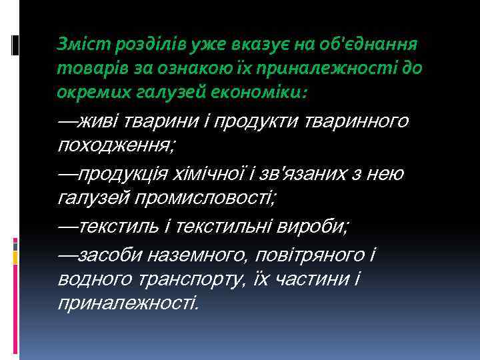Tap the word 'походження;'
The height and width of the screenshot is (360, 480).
[x=117, y=145]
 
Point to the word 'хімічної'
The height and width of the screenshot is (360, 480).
[x=216, y=173]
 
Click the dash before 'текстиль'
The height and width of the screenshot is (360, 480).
[x=68, y=226]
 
